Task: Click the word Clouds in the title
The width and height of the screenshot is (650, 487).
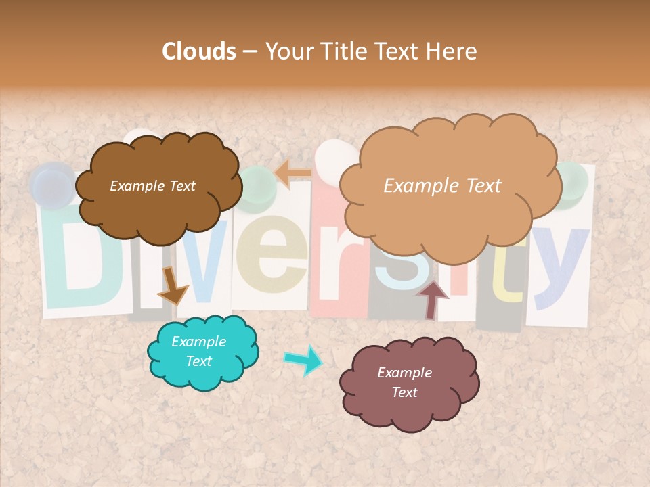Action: coord(199,51)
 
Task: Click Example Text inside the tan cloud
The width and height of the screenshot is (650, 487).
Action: coord(442,186)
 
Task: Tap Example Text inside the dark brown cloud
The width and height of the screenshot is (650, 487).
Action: coord(152,186)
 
